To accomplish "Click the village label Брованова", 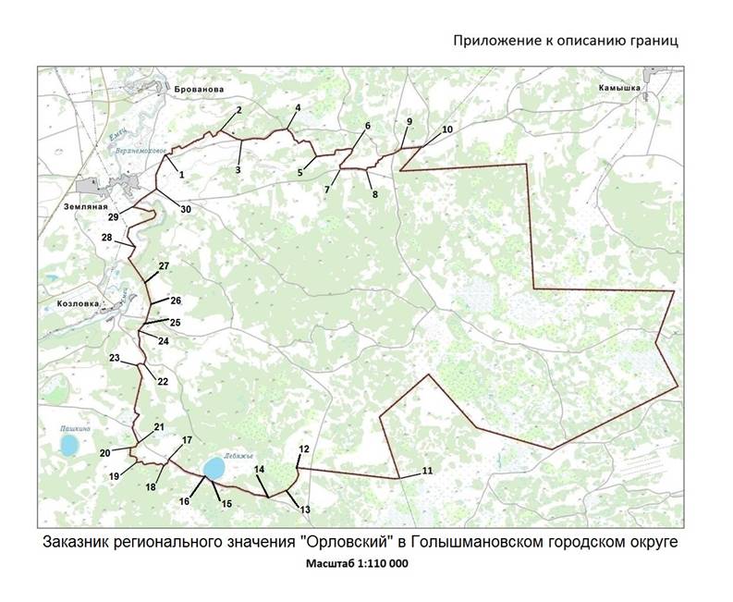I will pos(199,89).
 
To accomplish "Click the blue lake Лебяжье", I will pos(214,468).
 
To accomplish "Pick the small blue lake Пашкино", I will pos(67,448).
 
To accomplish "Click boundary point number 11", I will pos(426,472).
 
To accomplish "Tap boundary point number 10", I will pos(447,129).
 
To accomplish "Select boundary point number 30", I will pos(185,210).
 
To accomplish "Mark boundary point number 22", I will pos(163,380).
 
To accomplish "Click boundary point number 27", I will pos(164,266).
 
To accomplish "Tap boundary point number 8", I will pos(374,194).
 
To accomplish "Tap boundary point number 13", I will pos(304,509).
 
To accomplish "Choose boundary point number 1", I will pos(181,174).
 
